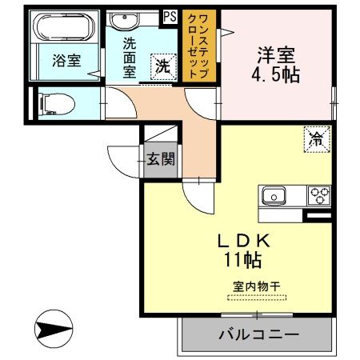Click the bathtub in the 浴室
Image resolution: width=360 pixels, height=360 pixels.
coord(65,29)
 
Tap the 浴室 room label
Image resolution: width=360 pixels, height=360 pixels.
coord(66,61)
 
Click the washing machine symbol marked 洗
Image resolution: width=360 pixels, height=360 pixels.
coord(163,67)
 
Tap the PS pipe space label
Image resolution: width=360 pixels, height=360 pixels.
coord(170,15)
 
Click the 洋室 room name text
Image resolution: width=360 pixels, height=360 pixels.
coord(275,57)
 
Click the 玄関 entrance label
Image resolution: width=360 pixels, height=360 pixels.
coord(160,158)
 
